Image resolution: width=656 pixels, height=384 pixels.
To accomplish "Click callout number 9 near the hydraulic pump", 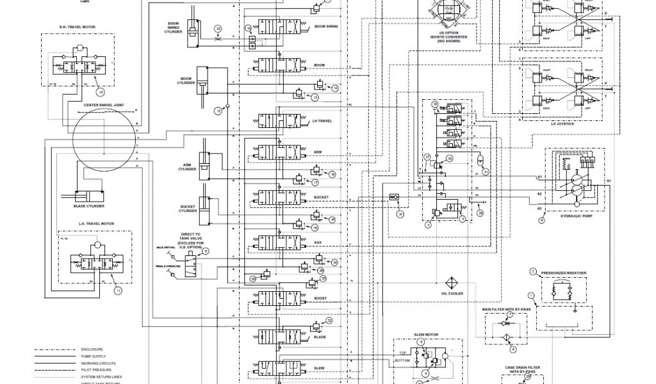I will tap(541, 220).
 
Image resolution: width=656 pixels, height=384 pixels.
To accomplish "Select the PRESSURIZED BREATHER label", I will tap(563, 273).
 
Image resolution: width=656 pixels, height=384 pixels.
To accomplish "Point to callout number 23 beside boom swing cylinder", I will tap(218, 29).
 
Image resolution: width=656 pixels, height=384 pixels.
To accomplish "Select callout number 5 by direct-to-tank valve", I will tap(206, 252).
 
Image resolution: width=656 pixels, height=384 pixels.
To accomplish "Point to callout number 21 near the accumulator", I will tap(485, 172).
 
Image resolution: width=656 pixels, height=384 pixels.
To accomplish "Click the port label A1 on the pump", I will tap(539, 176).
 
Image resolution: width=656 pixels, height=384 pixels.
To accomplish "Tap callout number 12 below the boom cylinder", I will tap(218, 111).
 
